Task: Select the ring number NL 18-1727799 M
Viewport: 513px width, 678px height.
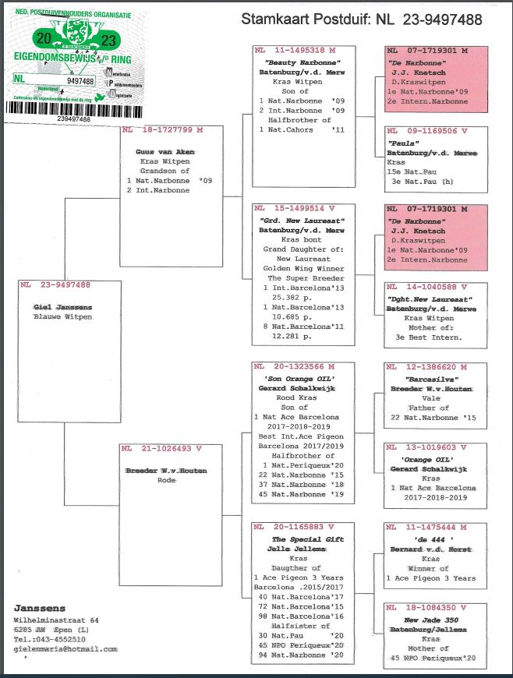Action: [162, 130]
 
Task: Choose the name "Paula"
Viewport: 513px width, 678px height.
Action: [402, 143]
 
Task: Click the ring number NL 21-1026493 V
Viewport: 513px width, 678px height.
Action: [161, 449]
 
